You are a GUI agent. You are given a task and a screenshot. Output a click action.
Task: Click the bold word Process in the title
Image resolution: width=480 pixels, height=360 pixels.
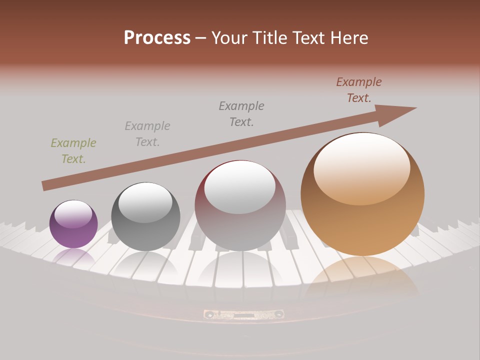click(x=157, y=38)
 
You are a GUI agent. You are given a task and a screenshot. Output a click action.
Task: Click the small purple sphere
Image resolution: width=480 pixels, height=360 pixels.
click(x=73, y=224)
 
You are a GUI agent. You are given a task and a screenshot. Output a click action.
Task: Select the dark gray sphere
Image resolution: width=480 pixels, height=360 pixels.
click(x=145, y=217)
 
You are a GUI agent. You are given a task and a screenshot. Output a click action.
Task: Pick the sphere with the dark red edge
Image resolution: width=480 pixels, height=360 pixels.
click(x=240, y=206)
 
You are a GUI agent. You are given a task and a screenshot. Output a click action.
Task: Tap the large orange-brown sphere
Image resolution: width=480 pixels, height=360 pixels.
click(x=362, y=194)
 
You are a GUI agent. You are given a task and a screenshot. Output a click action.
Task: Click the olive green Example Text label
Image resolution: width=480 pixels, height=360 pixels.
click(x=73, y=151)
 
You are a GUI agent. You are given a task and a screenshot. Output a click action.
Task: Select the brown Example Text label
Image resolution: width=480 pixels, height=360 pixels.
click(x=359, y=90)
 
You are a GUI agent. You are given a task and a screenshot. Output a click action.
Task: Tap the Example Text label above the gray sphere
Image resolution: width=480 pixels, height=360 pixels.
click(x=147, y=134)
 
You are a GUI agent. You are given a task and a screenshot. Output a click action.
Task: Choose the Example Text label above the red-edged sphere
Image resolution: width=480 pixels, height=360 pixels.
click(x=241, y=113)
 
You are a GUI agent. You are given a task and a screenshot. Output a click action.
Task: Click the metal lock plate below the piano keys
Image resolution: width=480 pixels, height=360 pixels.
click(x=243, y=314)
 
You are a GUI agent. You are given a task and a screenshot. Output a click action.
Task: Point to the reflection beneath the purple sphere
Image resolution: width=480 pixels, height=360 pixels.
click(x=73, y=257)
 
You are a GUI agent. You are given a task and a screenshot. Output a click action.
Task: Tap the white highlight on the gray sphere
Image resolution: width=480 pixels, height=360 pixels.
click(x=145, y=202)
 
